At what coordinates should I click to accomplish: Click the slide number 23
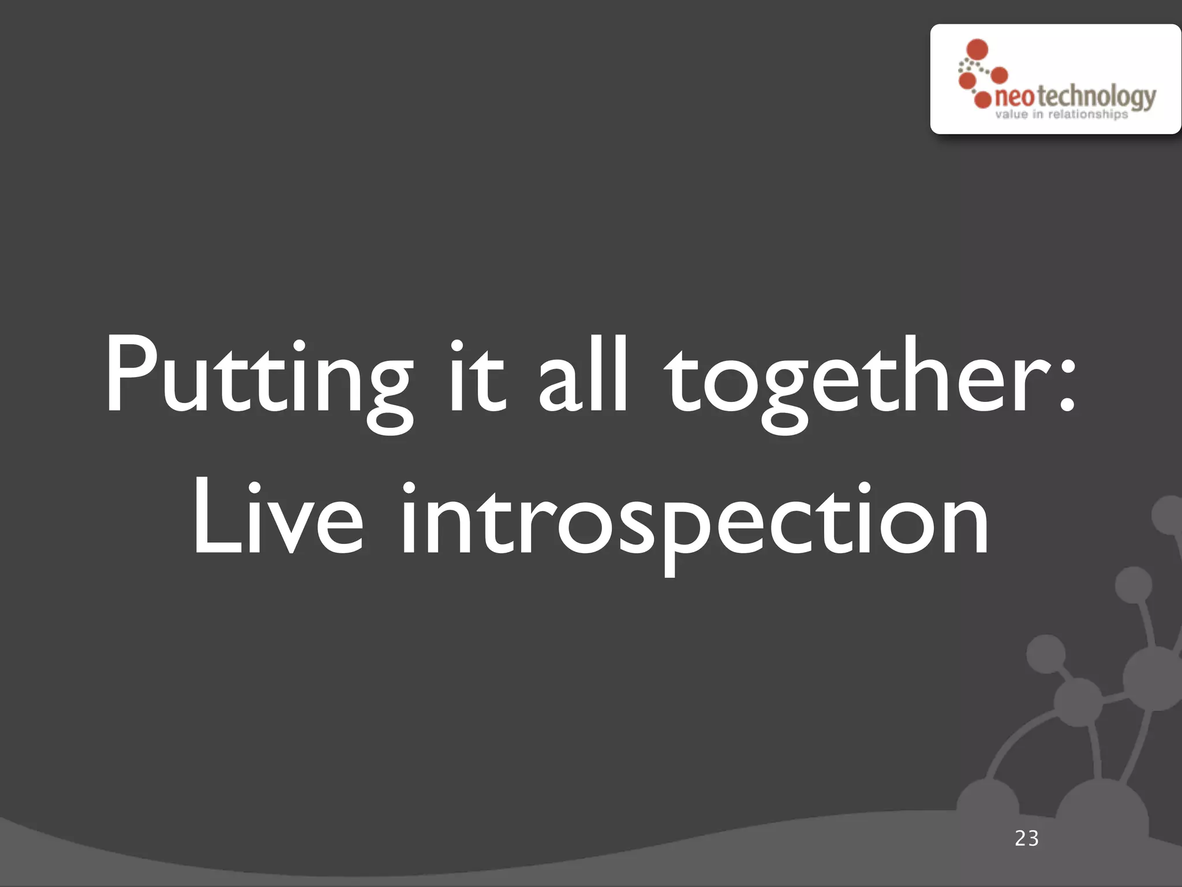(1027, 838)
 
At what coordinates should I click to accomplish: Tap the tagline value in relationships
(1061, 114)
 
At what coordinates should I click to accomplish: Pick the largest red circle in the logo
(977, 50)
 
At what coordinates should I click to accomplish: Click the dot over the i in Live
(408, 489)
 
